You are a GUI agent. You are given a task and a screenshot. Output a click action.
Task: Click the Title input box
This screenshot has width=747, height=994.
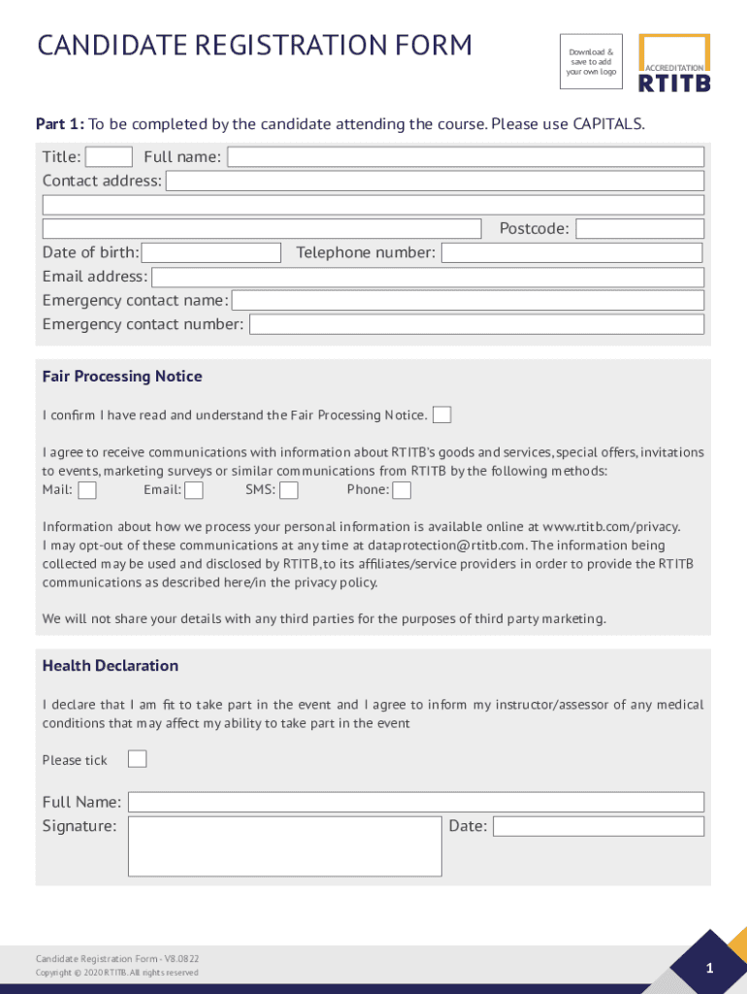(109, 156)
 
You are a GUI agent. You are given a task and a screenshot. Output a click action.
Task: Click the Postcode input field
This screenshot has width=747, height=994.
(639, 229)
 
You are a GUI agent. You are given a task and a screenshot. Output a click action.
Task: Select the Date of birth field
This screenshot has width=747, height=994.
(211, 252)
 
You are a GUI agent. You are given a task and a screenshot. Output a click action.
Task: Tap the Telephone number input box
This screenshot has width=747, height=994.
(571, 252)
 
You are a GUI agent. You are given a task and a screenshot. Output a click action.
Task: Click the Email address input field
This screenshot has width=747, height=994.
(428, 277)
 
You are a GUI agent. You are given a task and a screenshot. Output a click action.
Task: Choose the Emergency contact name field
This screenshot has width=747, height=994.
(468, 301)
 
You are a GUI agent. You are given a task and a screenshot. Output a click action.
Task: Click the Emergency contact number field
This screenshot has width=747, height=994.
(476, 324)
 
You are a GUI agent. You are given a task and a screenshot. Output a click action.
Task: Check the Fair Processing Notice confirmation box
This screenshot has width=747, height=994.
(441, 415)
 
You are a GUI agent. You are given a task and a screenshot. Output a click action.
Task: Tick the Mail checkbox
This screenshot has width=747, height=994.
(87, 490)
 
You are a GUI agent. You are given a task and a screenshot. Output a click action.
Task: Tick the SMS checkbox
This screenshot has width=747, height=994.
(289, 490)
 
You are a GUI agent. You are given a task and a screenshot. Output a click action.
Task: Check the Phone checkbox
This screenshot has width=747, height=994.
(402, 490)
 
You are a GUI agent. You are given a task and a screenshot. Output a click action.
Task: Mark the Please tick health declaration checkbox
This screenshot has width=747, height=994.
(138, 759)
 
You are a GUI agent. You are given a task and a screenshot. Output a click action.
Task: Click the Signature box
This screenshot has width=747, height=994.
(284, 845)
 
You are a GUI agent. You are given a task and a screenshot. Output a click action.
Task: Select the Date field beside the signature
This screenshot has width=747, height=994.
(599, 826)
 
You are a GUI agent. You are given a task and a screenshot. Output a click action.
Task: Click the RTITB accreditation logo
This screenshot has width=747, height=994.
(674, 64)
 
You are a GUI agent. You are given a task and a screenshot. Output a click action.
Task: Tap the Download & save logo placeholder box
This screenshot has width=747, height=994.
(591, 62)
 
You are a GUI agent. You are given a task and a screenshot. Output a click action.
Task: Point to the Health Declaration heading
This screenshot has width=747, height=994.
(111, 666)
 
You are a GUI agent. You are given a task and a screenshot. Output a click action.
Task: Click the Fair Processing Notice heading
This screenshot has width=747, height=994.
(122, 377)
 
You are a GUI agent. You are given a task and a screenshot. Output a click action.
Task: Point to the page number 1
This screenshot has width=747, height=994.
(709, 969)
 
